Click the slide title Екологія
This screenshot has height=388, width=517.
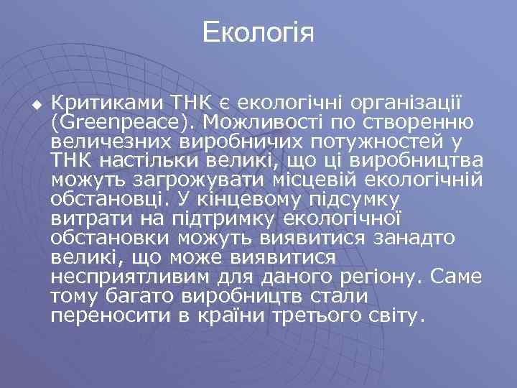pyautogui.click(x=258, y=33)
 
